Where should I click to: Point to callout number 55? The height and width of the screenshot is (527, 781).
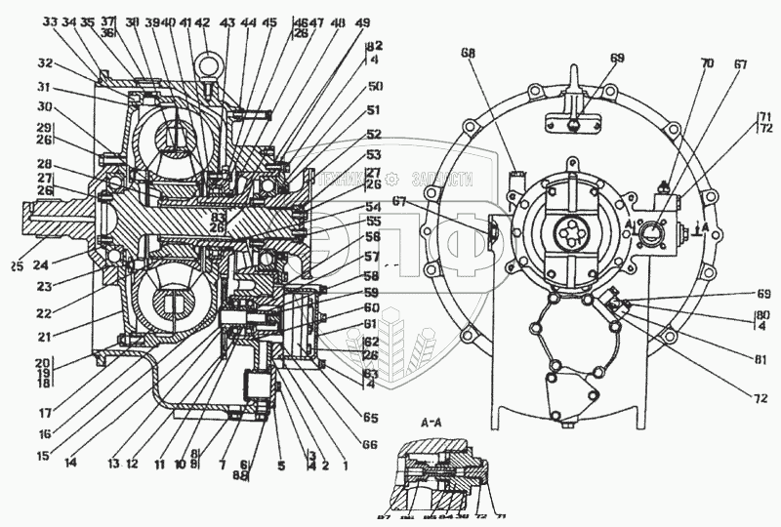[x=373, y=222]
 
